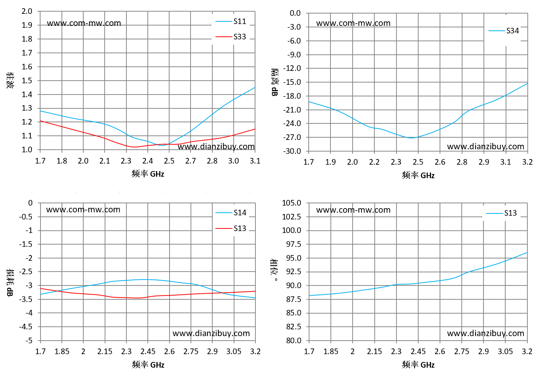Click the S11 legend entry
point(231,21)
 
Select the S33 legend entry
point(231,36)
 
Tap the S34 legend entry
point(504,30)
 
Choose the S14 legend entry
point(231,212)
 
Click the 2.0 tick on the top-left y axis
point(27,11)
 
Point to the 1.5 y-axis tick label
point(27,80)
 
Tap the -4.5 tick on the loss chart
point(26,327)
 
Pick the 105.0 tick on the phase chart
point(292,203)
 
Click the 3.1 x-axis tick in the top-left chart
point(255,161)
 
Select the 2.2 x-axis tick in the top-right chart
point(374,162)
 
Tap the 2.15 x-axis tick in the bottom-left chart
point(105,351)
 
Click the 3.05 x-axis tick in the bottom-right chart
point(505,351)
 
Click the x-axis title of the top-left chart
point(148,174)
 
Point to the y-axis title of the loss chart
point(10,282)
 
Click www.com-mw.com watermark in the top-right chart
point(353,23)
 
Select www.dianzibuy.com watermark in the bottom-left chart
point(211,333)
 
